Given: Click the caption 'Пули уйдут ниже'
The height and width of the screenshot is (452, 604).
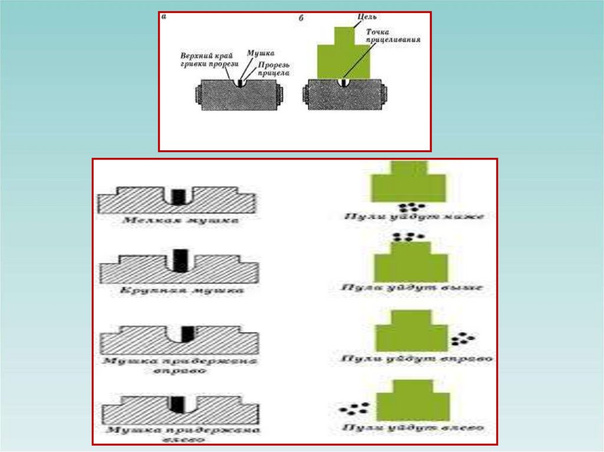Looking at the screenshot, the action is pyautogui.click(x=414, y=216).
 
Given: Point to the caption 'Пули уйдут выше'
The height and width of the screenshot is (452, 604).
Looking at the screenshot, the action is pyautogui.click(x=412, y=288).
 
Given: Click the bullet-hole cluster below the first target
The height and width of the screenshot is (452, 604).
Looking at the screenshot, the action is pyautogui.click(x=411, y=207).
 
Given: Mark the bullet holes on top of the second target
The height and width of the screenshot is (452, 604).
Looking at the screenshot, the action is pyautogui.click(x=405, y=237).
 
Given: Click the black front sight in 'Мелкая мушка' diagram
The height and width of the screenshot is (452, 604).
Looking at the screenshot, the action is pyautogui.click(x=176, y=196).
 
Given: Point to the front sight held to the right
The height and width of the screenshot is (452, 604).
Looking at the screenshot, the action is pyautogui.click(x=187, y=334).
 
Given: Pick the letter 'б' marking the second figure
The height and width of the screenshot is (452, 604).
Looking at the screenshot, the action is pyautogui.click(x=301, y=18).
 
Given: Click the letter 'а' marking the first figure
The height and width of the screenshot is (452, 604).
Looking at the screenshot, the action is pyautogui.click(x=163, y=17).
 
